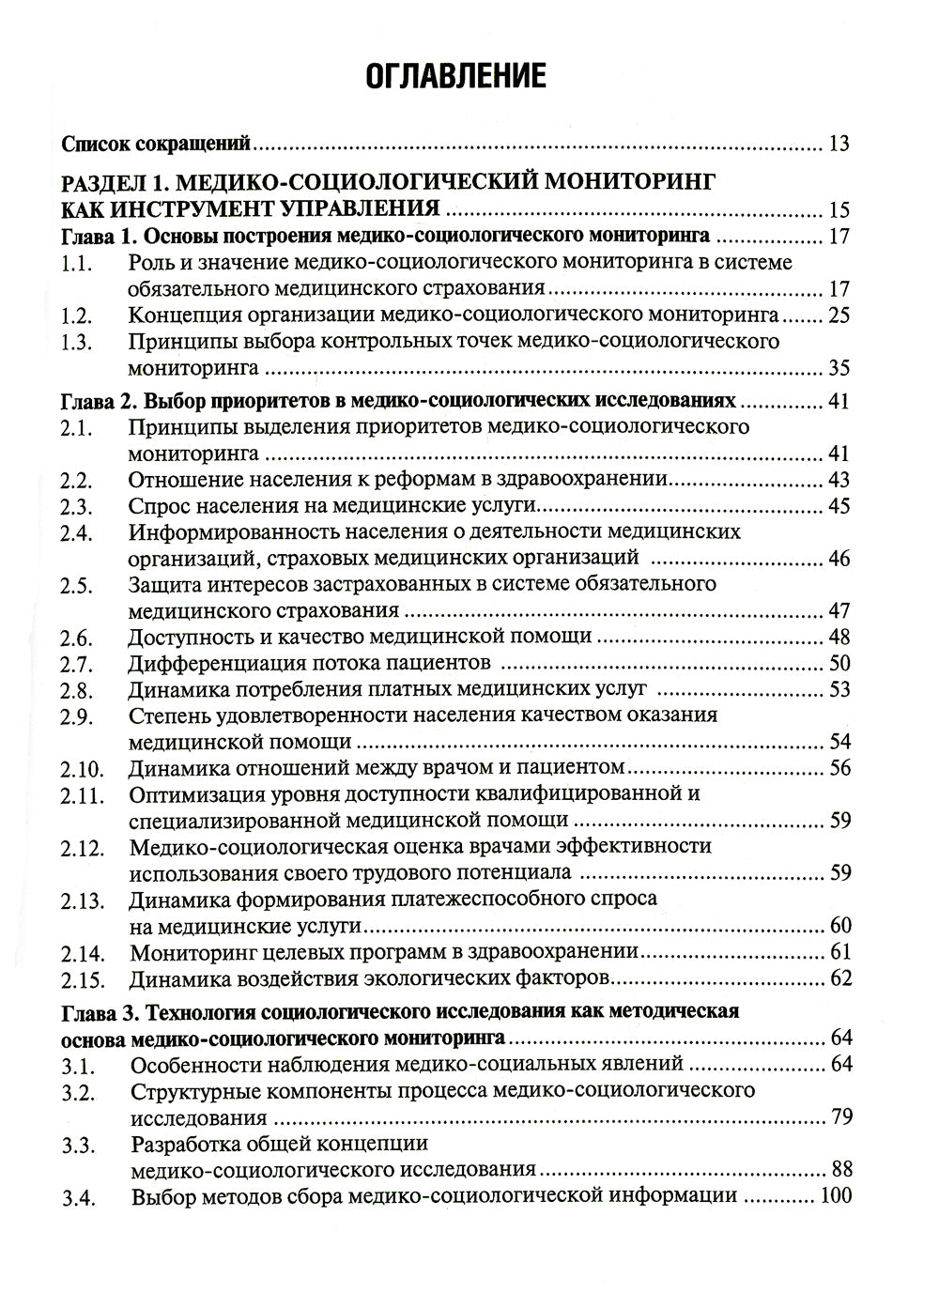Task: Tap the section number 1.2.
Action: tap(76, 315)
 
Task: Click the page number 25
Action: tap(839, 315)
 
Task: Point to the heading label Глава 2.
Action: tap(99, 402)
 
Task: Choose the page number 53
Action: tap(839, 689)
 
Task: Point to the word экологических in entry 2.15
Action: tap(435, 979)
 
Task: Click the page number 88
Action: tap(839, 1169)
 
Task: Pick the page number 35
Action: tap(839, 366)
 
